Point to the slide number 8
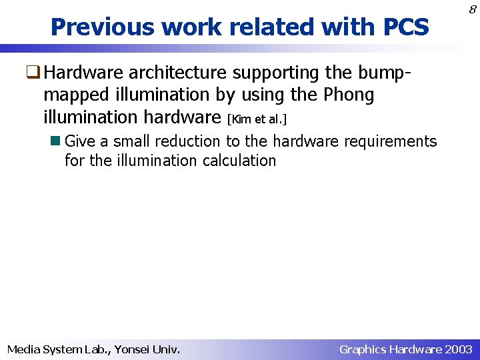[x=472, y=9]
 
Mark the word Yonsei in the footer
[x=134, y=349]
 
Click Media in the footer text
[x=23, y=349]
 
